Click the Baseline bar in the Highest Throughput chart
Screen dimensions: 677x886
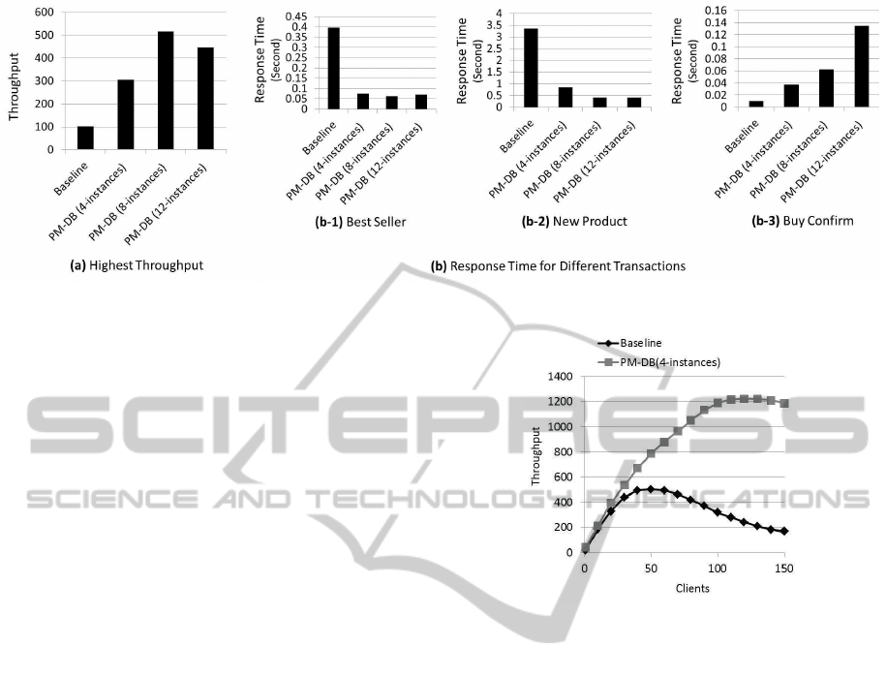point(85,138)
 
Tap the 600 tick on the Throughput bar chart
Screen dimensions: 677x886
point(44,13)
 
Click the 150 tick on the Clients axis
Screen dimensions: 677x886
point(783,569)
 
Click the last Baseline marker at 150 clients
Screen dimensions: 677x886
point(783,531)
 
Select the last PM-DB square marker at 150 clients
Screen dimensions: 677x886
point(783,403)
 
